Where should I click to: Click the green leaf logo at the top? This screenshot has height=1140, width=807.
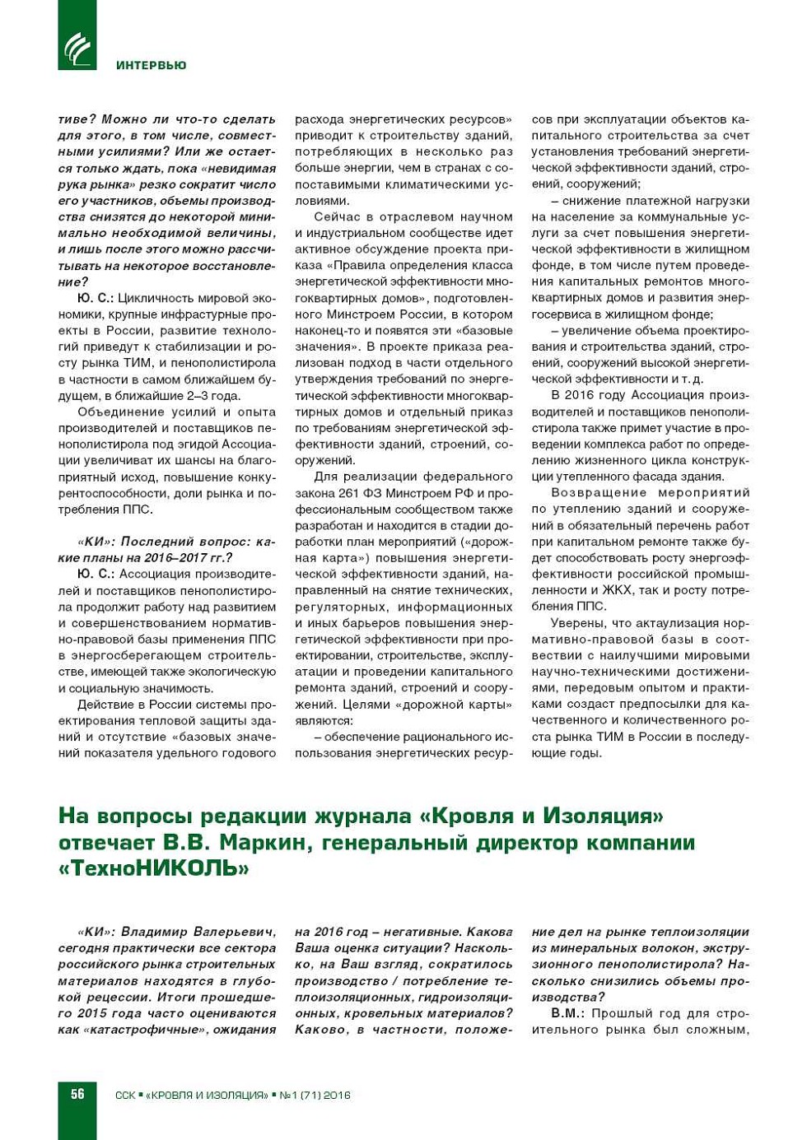click(77, 46)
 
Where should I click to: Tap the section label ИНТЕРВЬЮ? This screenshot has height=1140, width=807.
click(151, 66)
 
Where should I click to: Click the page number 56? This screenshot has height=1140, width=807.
click(77, 1094)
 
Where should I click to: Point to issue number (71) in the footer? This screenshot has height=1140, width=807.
click(310, 1095)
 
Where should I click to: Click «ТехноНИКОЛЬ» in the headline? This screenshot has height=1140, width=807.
click(153, 868)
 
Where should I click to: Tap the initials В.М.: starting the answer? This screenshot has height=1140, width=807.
click(567, 1013)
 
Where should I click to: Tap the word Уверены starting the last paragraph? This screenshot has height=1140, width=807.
click(578, 623)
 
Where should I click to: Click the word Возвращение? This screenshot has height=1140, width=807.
click(599, 492)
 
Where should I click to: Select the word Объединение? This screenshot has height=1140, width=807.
click(121, 412)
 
